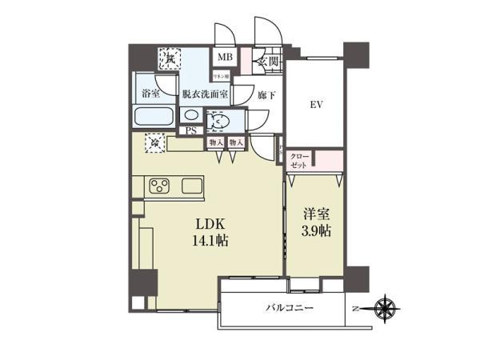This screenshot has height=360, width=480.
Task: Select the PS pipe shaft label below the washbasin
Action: tap(191, 129)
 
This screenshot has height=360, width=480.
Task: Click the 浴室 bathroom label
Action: tap(151, 93)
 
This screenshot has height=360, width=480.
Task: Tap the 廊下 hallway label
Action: tap(245, 93)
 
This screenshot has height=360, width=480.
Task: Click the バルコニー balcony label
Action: tap(290, 308)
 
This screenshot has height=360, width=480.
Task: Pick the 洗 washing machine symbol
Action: tap(170, 58)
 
